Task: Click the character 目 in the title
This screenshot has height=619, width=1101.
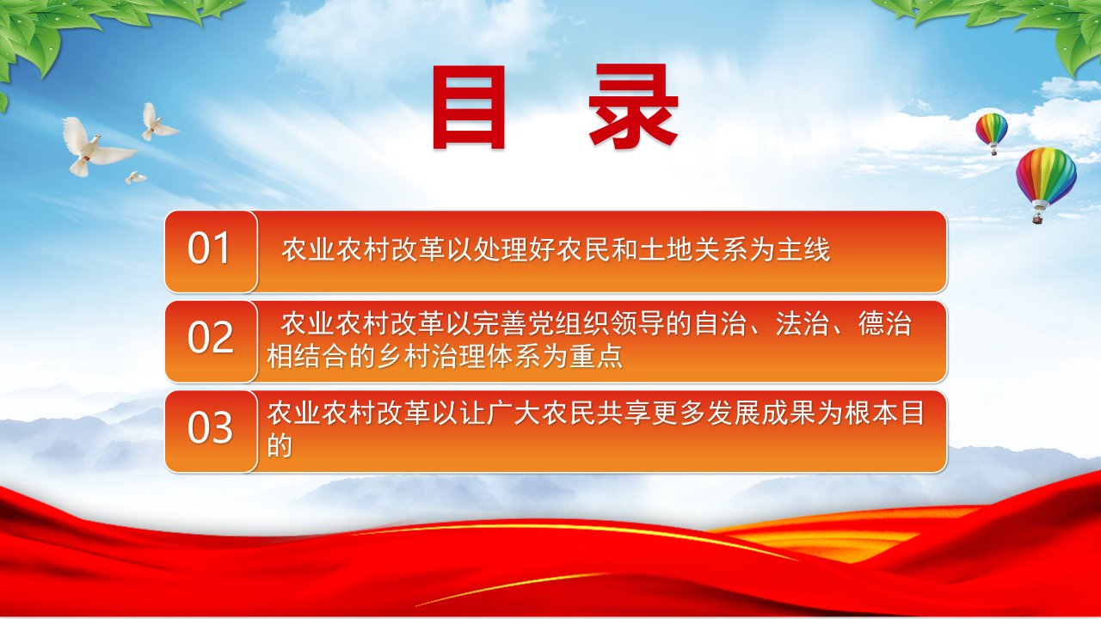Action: [469, 107]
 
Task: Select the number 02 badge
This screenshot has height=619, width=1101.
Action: [211, 341]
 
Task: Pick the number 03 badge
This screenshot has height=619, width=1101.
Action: [211, 432]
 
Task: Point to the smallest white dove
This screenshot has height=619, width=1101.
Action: [135, 177]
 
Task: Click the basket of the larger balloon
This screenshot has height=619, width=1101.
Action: [1038, 218]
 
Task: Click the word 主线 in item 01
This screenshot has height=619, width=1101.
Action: [803, 249]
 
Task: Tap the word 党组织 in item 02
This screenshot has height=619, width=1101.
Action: [569, 324]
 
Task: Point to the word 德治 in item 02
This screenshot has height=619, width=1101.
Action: [885, 324]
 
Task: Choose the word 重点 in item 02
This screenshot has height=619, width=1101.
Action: [596, 356]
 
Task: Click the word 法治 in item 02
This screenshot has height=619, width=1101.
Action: [803, 324]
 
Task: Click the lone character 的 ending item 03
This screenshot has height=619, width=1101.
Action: [280, 445]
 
